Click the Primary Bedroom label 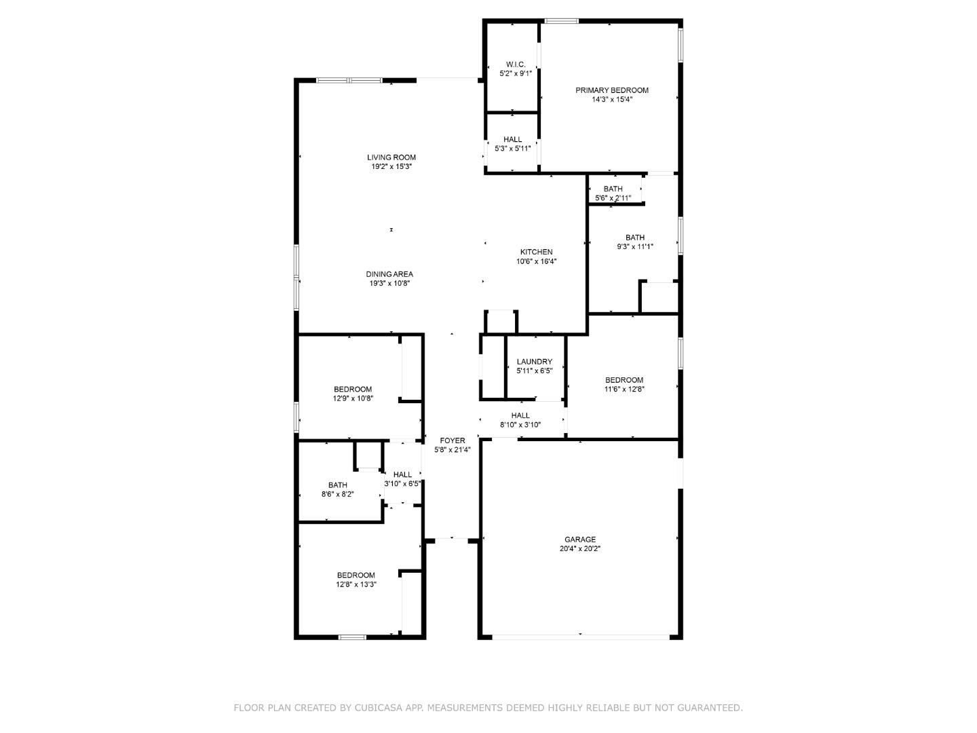611,90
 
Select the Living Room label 391,157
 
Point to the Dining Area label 389,274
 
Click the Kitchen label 536,252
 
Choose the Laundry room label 534,362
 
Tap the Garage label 579,540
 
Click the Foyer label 452,440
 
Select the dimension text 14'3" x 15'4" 611,99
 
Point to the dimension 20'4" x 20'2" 579,548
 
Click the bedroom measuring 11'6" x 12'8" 624,385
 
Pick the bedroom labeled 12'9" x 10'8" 353,394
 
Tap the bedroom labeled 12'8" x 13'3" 356,580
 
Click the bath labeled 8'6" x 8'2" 337,489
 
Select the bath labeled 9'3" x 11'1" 634,242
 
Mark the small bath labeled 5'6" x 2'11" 613,193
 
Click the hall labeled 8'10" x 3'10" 520,420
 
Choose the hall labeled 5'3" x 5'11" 512,144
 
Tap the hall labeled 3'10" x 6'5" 402,479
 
